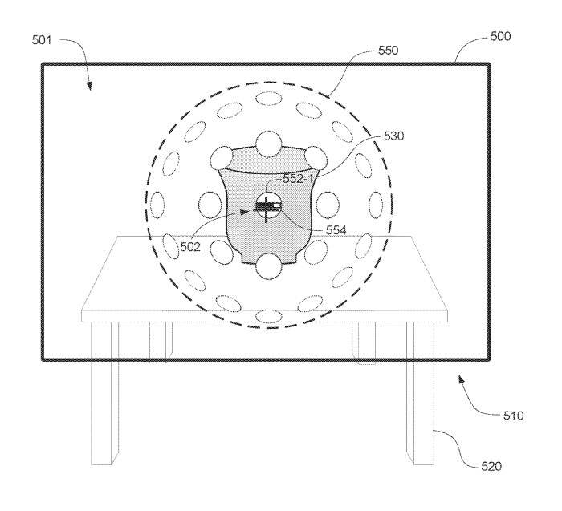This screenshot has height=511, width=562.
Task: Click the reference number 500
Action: (500, 36)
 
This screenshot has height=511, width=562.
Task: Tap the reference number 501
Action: (42, 40)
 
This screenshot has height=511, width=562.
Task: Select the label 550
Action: (388, 50)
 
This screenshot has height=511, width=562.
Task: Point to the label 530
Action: (393, 136)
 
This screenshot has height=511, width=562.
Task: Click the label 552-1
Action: (298, 179)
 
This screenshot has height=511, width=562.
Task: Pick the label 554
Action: (336, 230)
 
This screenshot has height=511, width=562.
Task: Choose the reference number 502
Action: (190, 247)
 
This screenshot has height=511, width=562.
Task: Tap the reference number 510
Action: (514, 416)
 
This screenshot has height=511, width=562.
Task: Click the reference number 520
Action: (491, 466)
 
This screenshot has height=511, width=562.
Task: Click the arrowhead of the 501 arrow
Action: (90, 86)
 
